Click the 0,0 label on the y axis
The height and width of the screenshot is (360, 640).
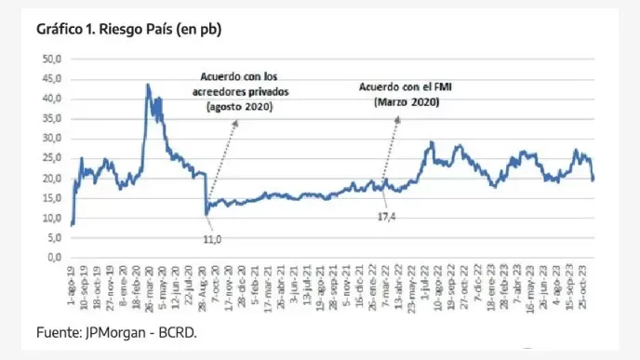point(53,258)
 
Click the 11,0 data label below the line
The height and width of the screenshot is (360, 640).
point(213,240)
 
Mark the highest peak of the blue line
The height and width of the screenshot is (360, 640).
point(147,86)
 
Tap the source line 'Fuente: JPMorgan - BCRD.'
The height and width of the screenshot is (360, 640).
point(116,332)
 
